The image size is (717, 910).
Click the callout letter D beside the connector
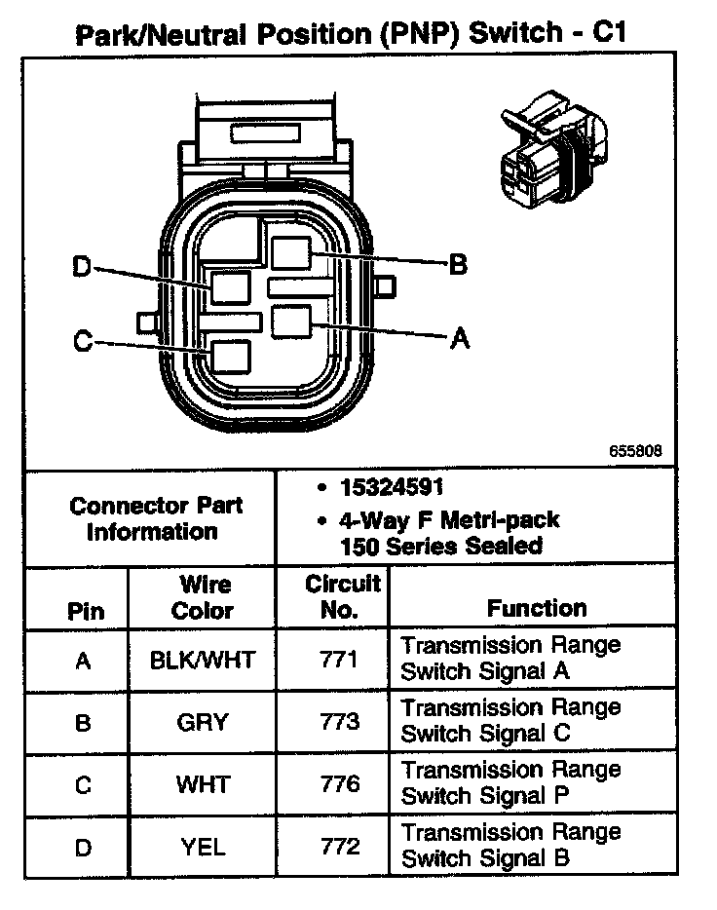[x=82, y=266]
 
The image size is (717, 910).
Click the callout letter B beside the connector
[x=457, y=264]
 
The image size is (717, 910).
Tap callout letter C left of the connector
[x=83, y=341]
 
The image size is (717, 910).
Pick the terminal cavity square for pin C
[x=231, y=357]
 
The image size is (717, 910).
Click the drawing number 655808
[x=636, y=451]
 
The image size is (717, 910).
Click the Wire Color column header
[x=203, y=597]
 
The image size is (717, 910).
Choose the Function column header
[x=537, y=608]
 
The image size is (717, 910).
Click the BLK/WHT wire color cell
[x=203, y=661]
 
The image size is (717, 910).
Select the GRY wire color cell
[x=203, y=722]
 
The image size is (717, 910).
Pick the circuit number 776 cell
[x=340, y=784]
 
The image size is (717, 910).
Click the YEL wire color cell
[x=203, y=847]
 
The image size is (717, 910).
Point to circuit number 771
[x=340, y=661]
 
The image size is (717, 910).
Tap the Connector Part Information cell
[x=156, y=518]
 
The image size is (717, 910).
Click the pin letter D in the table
[x=84, y=848]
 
